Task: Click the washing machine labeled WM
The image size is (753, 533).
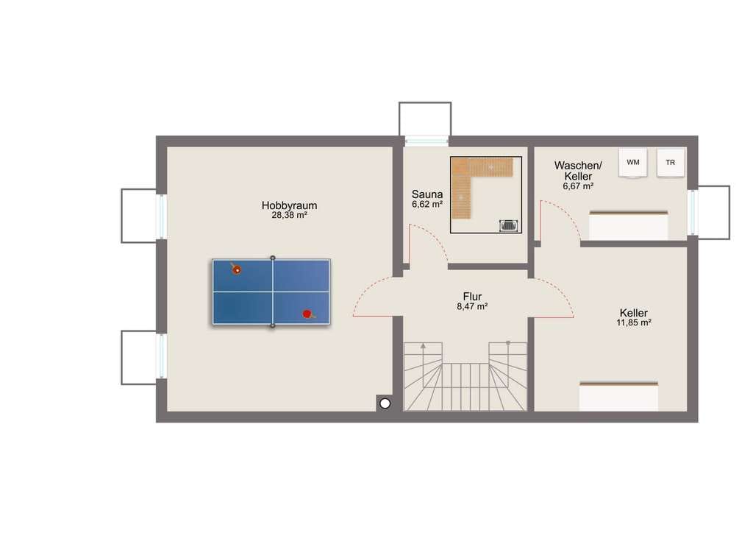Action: pos(633,163)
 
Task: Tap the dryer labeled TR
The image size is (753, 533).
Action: pos(671,163)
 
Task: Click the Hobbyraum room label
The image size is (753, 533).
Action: pos(289,205)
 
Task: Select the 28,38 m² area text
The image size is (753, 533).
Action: pos(289,215)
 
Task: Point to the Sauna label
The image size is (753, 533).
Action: pos(427,194)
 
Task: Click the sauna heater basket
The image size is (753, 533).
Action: pos(509,225)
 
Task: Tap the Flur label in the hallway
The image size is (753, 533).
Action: pos(472,297)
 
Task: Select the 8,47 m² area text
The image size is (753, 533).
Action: pos(472,306)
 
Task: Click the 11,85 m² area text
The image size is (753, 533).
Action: pos(633,322)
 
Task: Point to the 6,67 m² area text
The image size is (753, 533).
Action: pos(578,186)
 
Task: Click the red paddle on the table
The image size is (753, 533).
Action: pos(308,314)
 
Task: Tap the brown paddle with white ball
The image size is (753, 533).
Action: pos(236,269)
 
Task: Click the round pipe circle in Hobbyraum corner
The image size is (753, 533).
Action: pos(385,403)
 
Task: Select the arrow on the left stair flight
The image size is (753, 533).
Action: pos(423,345)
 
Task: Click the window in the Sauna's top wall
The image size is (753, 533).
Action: pos(426,141)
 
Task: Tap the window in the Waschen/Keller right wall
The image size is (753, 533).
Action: pos(693,213)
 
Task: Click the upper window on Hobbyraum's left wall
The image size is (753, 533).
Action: pos(161,216)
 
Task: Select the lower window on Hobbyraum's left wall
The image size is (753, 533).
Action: pos(161,356)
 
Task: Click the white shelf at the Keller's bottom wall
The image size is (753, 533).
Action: pos(618,397)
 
